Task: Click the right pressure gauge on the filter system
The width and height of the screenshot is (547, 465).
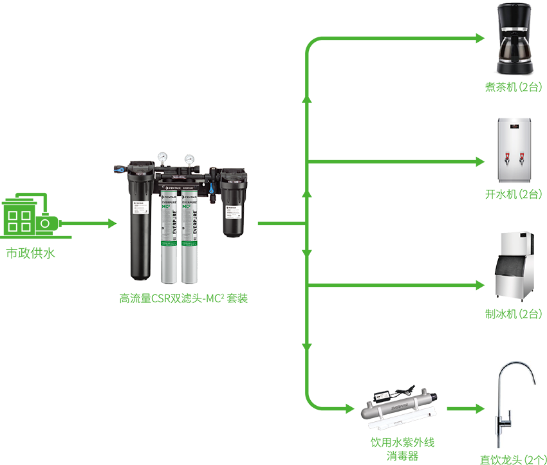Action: [190, 158]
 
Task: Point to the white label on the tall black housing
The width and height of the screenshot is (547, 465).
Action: [139, 205]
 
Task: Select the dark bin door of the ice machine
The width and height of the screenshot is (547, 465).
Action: [512, 273]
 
